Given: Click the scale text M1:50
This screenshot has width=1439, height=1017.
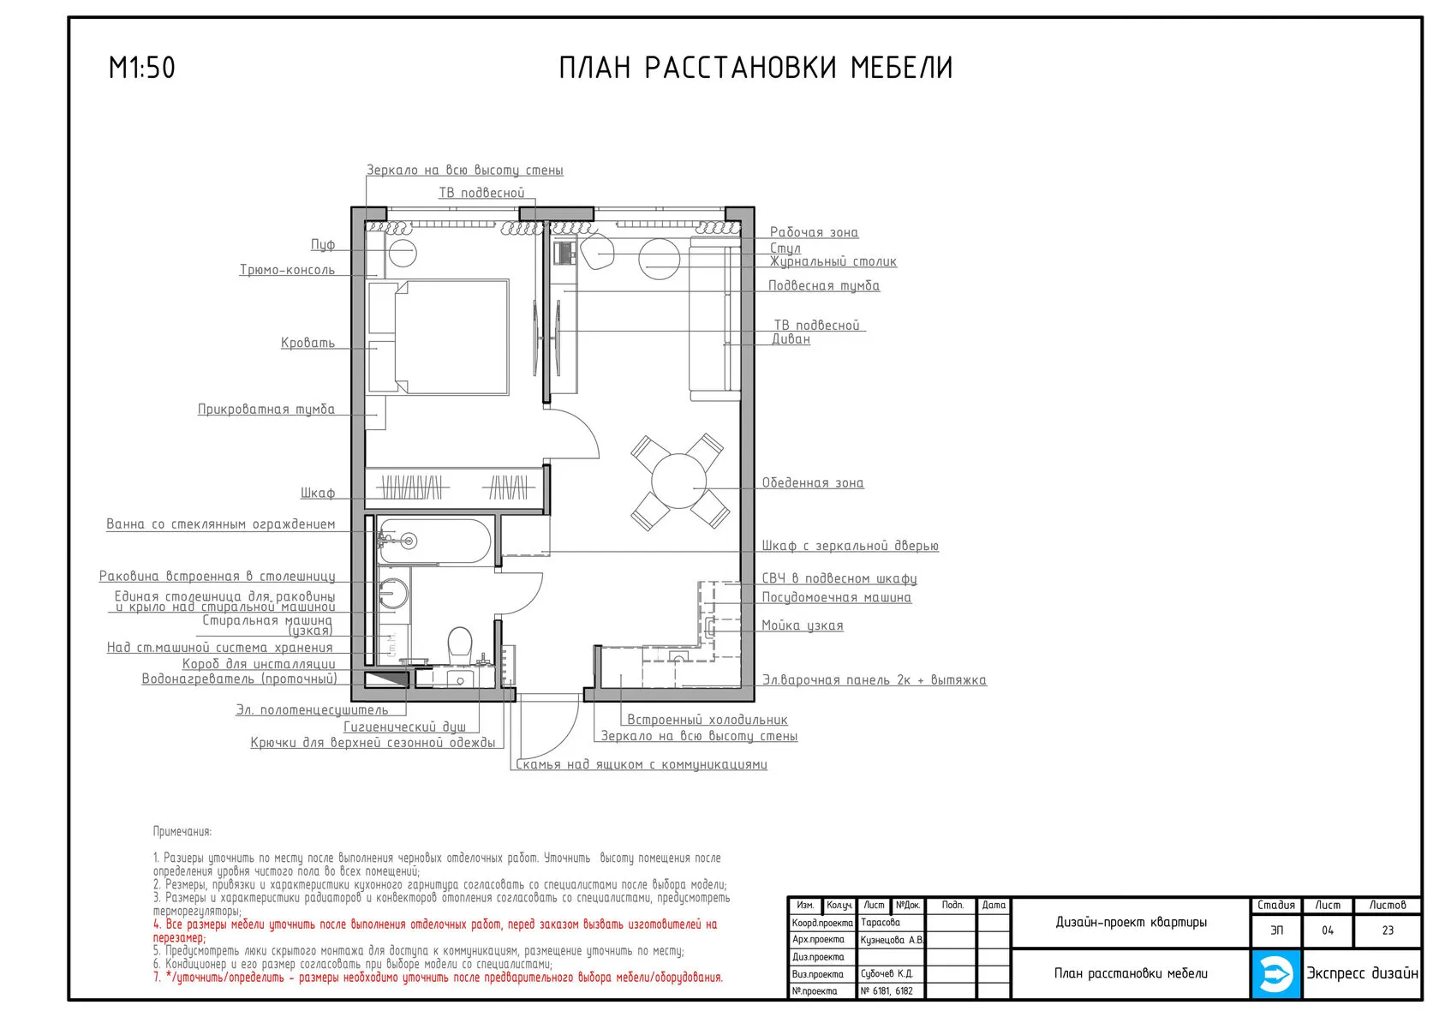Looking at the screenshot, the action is click(142, 68).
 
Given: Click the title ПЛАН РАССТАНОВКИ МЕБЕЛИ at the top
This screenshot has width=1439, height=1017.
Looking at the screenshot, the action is click(755, 68).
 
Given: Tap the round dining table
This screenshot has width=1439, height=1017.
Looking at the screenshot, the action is click(678, 481).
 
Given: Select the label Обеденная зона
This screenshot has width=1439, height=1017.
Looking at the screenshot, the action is click(813, 482).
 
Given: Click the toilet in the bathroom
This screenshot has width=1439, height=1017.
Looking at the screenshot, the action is click(459, 644).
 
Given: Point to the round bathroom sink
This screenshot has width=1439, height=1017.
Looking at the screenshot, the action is click(392, 592).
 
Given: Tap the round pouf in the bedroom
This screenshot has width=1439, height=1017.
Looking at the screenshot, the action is click(403, 253).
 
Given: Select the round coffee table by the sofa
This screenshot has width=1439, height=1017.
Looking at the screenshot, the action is click(660, 259).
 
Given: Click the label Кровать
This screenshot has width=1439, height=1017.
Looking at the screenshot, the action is click(308, 343).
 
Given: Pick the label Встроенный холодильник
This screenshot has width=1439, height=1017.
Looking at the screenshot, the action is click(708, 720).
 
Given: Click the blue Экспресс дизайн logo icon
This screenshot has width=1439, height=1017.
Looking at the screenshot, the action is click(1275, 974).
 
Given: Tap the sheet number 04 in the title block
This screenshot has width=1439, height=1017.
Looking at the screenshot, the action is click(1328, 930).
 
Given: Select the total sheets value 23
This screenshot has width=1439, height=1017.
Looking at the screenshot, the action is click(1388, 930).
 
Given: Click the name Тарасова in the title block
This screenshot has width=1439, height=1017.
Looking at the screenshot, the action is click(881, 923).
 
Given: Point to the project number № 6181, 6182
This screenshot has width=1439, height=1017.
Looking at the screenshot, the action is click(887, 990).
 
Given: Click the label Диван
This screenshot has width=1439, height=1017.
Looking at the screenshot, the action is click(791, 338).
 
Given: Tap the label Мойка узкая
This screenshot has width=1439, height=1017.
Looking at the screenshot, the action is click(803, 625).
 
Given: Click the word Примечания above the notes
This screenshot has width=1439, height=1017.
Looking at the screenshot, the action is click(182, 831).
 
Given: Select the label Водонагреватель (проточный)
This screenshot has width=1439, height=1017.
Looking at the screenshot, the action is click(240, 679).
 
